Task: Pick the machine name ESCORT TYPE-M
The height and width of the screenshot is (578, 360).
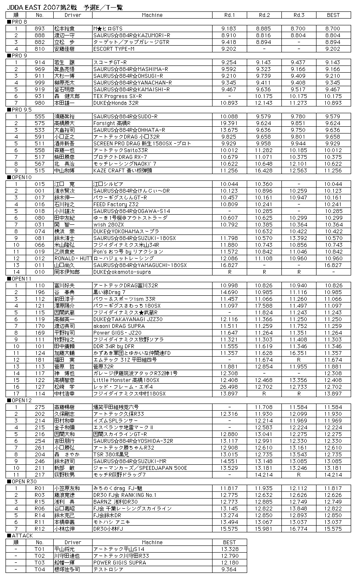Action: [114, 49]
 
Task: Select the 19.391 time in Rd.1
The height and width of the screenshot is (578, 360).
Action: [229, 123]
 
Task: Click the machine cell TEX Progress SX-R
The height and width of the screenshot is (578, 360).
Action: [117, 96]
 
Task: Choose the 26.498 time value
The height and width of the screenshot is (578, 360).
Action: [229, 387]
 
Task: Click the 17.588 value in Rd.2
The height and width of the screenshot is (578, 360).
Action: [264, 305]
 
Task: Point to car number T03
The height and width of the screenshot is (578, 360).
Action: [40, 563]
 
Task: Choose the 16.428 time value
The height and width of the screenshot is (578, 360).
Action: [264, 171]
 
